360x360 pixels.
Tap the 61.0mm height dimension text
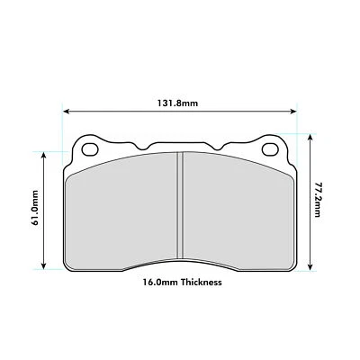coord(34,208)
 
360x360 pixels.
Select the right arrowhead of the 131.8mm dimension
coord(294,112)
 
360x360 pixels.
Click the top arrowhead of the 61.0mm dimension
coord(42,154)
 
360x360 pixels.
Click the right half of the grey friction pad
coord(238,211)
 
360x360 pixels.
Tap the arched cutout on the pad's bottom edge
coord(181,264)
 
